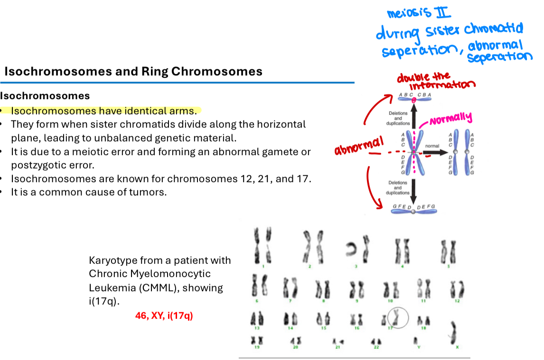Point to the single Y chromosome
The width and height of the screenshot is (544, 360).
415,340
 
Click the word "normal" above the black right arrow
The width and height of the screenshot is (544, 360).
432,146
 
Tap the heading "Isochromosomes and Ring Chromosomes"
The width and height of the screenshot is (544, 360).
133,72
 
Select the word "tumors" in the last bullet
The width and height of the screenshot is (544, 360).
150,193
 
